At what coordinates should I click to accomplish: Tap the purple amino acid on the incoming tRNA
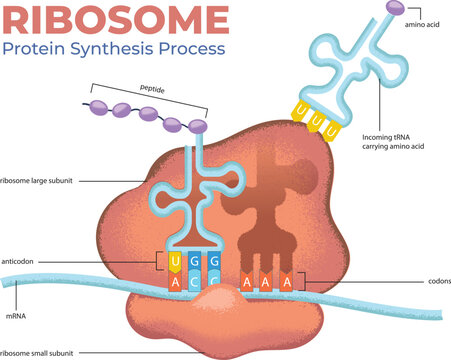396,9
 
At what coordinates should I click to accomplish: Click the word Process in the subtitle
191,47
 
